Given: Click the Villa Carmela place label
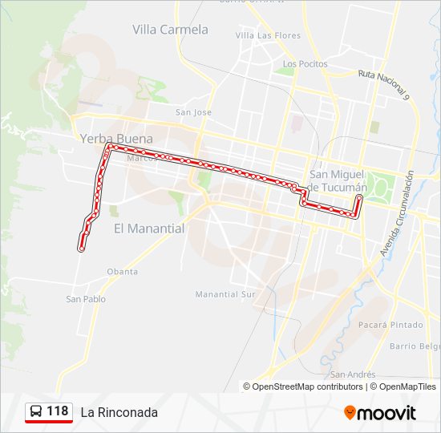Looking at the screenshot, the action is pyautogui.click(x=170, y=30).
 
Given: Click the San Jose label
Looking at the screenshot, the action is pyautogui.click(x=193, y=112).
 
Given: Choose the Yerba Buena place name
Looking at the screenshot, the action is pyautogui.click(x=115, y=138).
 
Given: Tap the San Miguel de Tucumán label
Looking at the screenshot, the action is pyautogui.click(x=337, y=180).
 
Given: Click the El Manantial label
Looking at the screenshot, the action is pyautogui.click(x=148, y=229).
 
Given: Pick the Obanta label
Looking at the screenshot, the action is pyautogui.click(x=122, y=272).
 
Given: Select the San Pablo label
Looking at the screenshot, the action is pyautogui.click(x=86, y=299).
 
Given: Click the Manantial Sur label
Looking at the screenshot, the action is pyautogui.click(x=225, y=294).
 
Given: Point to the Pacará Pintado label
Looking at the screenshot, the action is pyautogui.click(x=390, y=325).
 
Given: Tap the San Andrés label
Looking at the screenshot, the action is pyautogui.click(x=353, y=374).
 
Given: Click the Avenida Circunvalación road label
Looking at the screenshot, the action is pyautogui.click(x=397, y=215).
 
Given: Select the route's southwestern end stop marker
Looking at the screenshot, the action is pyautogui.click(x=81, y=249).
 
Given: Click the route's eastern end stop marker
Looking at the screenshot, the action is pyautogui.click(x=359, y=197).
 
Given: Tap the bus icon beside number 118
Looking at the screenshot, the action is pyautogui.click(x=36, y=412).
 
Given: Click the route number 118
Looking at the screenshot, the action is pyautogui.click(x=58, y=411).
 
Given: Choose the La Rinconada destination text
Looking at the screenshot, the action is pyautogui.click(x=119, y=412).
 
